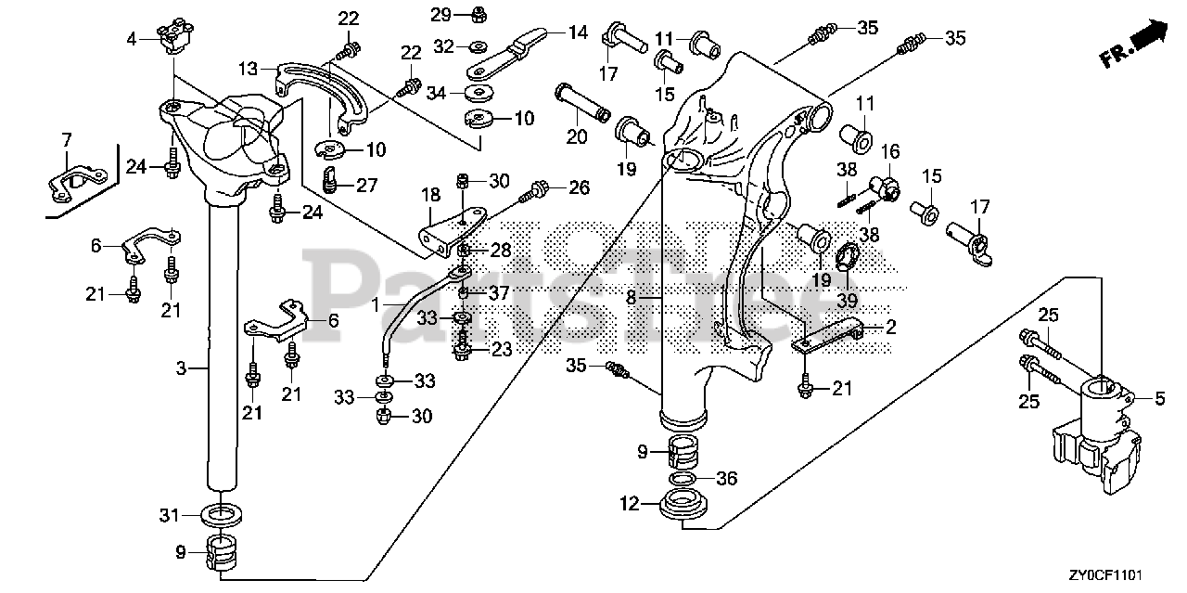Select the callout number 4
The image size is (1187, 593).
(x=132, y=38)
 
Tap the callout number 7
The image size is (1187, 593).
(x=66, y=139)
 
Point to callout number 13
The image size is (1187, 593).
(x=246, y=68)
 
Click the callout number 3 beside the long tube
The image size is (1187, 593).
(x=182, y=368)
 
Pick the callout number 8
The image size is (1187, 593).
(x=631, y=299)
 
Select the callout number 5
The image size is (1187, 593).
(x=1158, y=398)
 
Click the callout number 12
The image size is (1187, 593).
(x=630, y=504)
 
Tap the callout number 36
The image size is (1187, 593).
(x=727, y=478)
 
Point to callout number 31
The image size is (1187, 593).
(x=167, y=516)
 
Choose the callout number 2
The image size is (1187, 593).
(x=890, y=326)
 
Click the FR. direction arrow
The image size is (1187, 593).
(x=1133, y=45)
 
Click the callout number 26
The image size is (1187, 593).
(x=579, y=187)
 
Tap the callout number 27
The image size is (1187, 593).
(x=366, y=185)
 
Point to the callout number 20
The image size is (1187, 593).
(x=577, y=136)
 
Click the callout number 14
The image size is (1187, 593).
(x=577, y=32)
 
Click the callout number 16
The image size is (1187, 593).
(x=889, y=151)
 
